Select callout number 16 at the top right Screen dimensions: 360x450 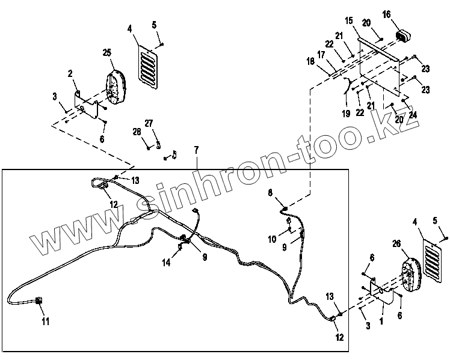pos(386,14)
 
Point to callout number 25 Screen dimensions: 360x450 pos(107,53)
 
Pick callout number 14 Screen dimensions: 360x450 pos(165,263)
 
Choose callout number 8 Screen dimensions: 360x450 pos(270,192)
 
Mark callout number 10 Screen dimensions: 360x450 pos(272,239)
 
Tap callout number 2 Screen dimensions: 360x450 pos(70,73)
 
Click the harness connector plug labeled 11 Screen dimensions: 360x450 pos(40,304)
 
